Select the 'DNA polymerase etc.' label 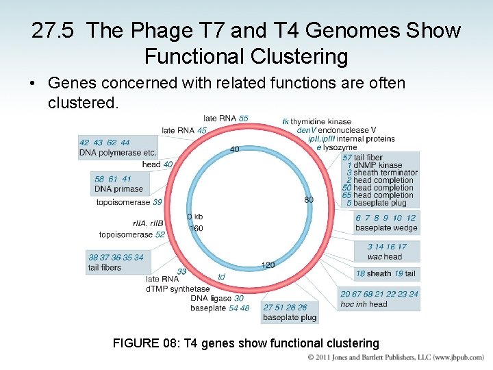pyautogui.click(x=118, y=153)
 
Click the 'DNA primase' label pyautogui.click(x=118, y=189)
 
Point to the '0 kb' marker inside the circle pyautogui.click(x=195, y=217)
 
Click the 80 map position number pyautogui.click(x=309, y=199)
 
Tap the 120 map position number pyautogui.click(x=268, y=264)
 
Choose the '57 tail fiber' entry pyautogui.click(x=363, y=158)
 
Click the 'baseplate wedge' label pyautogui.click(x=385, y=228)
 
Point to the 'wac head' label pyautogui.click(x=384, y=257)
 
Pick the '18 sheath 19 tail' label pyautogui.click(x=385, y=273)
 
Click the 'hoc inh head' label pyautogui.click(x=364, y=304)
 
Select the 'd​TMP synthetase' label pyautogui.click(x=177, y=288)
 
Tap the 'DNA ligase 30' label pyautogui.click(x=216, y=298)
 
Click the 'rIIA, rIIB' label pyautogui.click(x=149, y=223)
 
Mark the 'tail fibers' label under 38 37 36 pyautogui.click(x=104, y=268)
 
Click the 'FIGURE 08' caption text pyautogui.click(x=245, y=343)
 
